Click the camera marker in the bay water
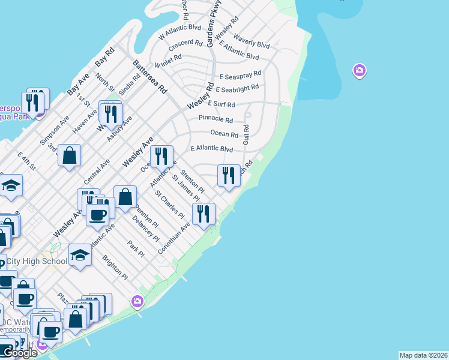[x=360, y=71]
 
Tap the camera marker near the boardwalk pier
[x=137, y=301]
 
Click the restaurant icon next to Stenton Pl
[x=161, y=157]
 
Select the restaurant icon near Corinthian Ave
[x=203, y=214]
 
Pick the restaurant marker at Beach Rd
[x=228, y=176]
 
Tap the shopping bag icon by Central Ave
[x=70, y=155]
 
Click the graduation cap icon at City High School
[x=80, y=255]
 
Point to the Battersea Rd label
[x=150, y=76]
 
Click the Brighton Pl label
[x=115, y=268]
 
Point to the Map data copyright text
[x=423, y=355]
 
